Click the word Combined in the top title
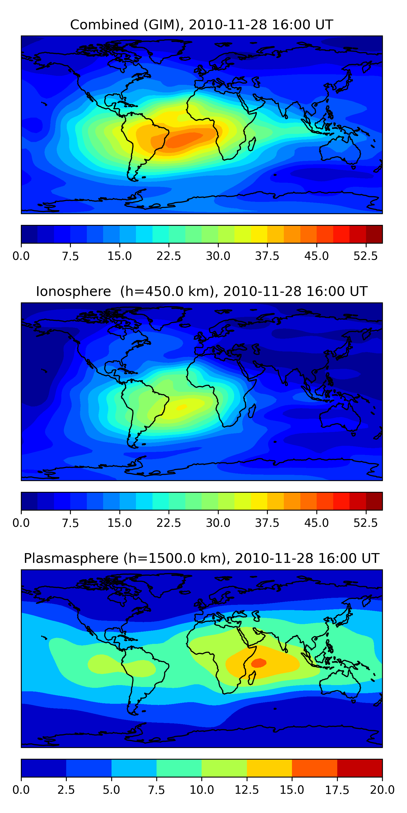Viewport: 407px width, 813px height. pos(104,25)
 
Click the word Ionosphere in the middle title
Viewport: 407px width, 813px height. pos(73,291)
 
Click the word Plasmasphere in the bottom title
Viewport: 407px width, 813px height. pos(71,558)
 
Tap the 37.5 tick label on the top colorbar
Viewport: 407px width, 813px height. pos(267,256)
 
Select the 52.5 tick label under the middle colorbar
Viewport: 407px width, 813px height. pos(365,523)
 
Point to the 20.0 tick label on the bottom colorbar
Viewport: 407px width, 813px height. pos(382,790)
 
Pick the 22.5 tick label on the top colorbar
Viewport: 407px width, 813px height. pos(168,256)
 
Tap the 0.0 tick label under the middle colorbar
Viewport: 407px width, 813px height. pos(21,523)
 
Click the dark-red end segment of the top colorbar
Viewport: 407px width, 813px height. pos(374,234)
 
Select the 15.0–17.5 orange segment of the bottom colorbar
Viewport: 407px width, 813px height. pos(314,768)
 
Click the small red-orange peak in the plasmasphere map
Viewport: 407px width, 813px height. pos(259,663)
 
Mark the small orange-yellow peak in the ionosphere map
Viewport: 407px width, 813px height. pos(182,407)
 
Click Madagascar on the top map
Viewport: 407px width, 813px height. pos(252,144)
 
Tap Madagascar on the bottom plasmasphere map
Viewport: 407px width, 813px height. pos(252,678)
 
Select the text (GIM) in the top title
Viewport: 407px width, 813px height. pos(164,25)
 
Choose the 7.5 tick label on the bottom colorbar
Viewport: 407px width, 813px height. pos(156,790)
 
